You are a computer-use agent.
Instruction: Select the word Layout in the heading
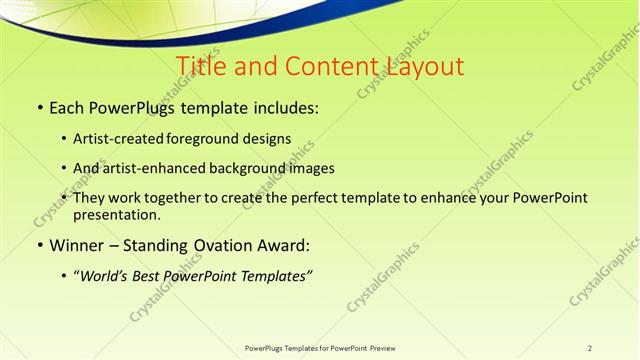point(420,67)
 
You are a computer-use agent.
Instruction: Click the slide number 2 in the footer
point(589,348)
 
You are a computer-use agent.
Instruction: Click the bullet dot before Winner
point(40,245)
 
